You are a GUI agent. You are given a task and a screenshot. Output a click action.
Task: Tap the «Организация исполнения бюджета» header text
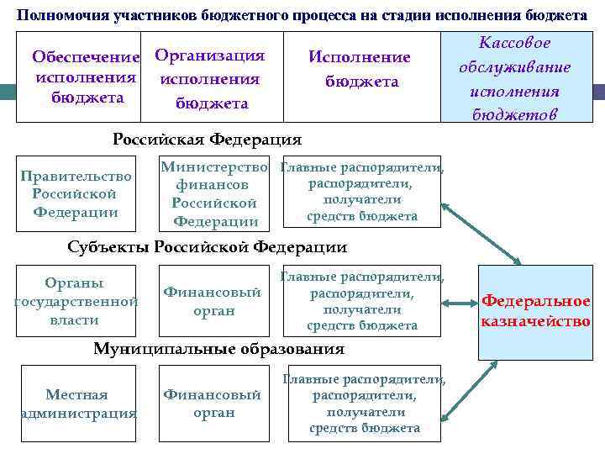point(210,79)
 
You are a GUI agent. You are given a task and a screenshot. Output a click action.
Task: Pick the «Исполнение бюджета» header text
point(360,69)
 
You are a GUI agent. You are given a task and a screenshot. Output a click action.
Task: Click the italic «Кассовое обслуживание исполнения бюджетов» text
point(514,78)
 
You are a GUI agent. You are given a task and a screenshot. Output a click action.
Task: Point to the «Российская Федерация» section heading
point(207,139)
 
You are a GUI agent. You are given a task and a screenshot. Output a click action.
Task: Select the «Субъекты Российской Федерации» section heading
point(207,246)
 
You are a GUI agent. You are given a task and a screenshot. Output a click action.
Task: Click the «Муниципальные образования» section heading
point(218,348)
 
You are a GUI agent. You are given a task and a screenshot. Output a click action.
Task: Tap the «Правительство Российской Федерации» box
point(76,194)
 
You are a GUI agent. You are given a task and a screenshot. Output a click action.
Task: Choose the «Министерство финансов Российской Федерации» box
point(215,194)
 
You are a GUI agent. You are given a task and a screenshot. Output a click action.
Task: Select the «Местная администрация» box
point(76,404)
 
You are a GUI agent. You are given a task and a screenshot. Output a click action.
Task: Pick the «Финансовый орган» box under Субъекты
point(212,300)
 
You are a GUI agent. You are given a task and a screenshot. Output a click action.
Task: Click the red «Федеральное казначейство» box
point(535,311)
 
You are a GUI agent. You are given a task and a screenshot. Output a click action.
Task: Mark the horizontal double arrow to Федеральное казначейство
point(459,304)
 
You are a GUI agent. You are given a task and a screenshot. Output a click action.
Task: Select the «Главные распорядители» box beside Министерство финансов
point(361,193)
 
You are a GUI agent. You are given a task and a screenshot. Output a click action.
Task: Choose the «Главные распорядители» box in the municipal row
point(364,404)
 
